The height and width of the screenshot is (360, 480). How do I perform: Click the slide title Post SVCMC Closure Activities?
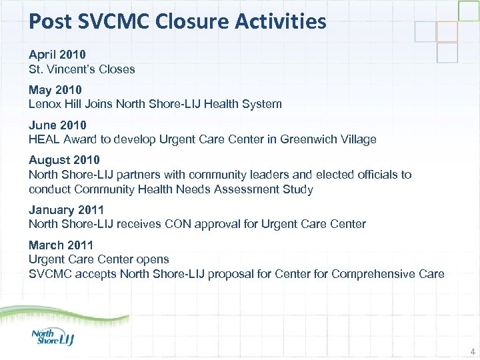coord(177,21)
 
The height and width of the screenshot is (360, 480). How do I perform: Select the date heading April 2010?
coord(57,53)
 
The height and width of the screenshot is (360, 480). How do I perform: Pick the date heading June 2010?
coord(57,125)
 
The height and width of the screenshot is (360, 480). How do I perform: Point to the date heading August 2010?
coord(64,160)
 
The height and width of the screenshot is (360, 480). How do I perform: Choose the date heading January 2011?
coord(66,210)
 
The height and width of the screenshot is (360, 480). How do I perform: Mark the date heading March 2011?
coord(61,245)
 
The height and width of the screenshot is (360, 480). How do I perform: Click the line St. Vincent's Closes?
coord(81,69)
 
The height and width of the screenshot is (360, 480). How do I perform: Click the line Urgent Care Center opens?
coord(99,259)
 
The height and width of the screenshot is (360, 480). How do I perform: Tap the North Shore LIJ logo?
coord(53,336)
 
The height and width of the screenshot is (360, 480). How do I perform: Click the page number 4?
coord(472,351)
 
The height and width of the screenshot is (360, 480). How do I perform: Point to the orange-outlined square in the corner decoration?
coord(447,31)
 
